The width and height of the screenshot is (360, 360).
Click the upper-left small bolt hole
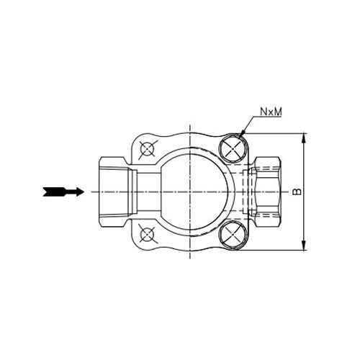(148, 149)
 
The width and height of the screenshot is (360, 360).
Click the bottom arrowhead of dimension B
(304, 246)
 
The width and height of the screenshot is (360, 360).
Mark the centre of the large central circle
(191, 192)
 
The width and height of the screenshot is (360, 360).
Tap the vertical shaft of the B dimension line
(304, 216)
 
